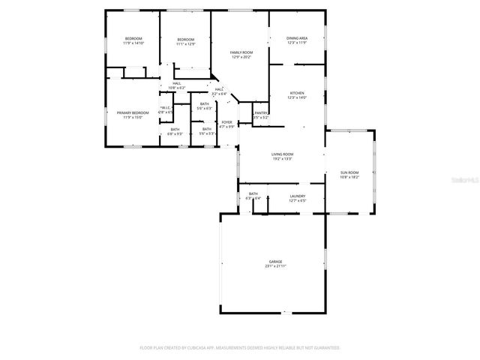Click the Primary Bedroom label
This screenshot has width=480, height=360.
coord(132,112)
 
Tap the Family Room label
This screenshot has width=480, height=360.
coord(241,52)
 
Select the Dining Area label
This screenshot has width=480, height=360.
coord(297,37)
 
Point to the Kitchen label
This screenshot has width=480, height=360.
coord(297,94)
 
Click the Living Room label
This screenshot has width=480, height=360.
coord(282,154)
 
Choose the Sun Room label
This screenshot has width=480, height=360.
coord(349,172)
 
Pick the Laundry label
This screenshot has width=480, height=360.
coord(297,196)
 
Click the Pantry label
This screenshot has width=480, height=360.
coord(260,113)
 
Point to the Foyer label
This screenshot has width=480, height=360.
coord(226,121)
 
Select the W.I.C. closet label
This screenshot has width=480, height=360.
coord(166,108)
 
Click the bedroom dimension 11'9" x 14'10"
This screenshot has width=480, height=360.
coord(133,43)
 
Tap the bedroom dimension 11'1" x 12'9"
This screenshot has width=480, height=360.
coord(185,43)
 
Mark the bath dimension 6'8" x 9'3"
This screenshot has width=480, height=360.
coord(175,133)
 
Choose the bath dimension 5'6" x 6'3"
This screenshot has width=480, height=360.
coord(204,108)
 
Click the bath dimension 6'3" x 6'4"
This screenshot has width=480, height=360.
coord(253,198)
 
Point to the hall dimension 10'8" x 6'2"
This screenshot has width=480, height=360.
coord(176,88)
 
